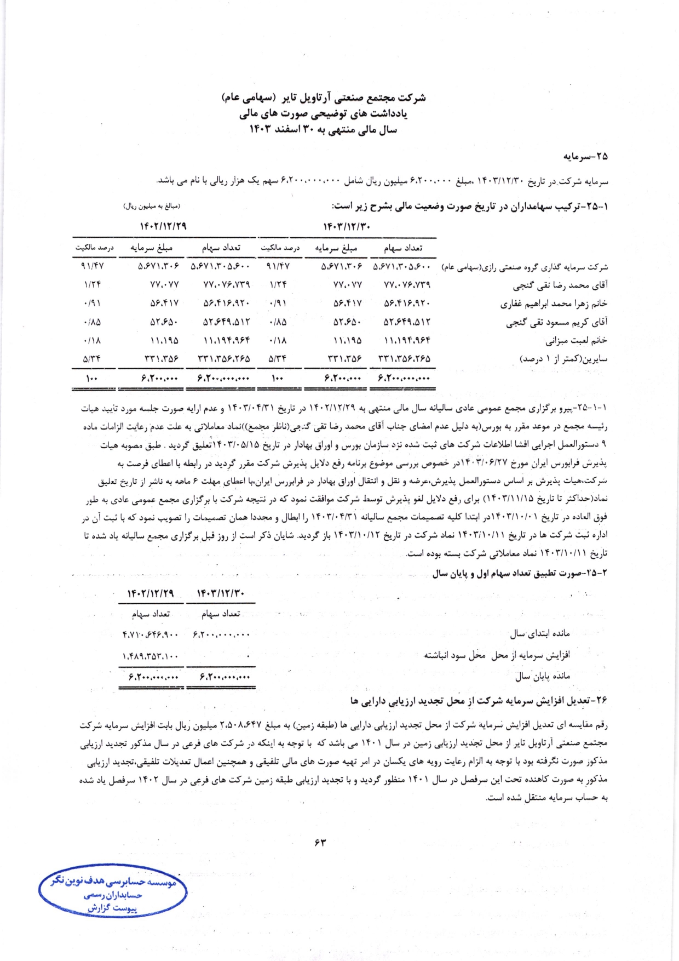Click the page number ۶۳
click(320, 843)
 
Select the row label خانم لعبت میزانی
click(576, 340)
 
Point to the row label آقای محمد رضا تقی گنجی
click(560, 285)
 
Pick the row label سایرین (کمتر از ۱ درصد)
click(563, 359)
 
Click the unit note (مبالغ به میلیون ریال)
click(152, 206)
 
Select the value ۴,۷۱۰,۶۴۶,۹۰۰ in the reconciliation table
click(151, 635)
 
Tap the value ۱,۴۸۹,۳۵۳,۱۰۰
click(151, 655)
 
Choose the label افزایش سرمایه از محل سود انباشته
click(497, 655)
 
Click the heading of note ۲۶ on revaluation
click(479, 700)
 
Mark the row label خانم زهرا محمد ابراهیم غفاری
click(554, 304)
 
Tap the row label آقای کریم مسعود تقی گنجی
click(556, 322)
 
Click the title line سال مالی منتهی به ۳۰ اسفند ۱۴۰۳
click(323, 130)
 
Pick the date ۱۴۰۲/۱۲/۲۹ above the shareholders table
click(163, 226)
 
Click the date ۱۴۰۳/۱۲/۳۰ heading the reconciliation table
click(221, 593)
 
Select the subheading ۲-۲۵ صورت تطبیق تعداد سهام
click(520, 573)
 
